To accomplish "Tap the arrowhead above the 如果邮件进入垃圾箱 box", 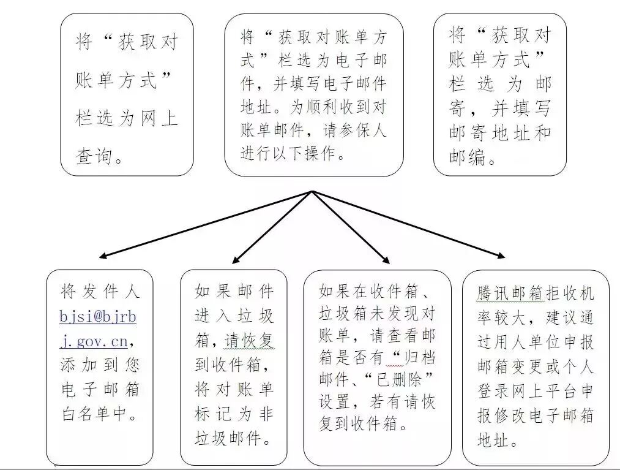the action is click(236, 260).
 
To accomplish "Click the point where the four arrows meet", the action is click(312, 191).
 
